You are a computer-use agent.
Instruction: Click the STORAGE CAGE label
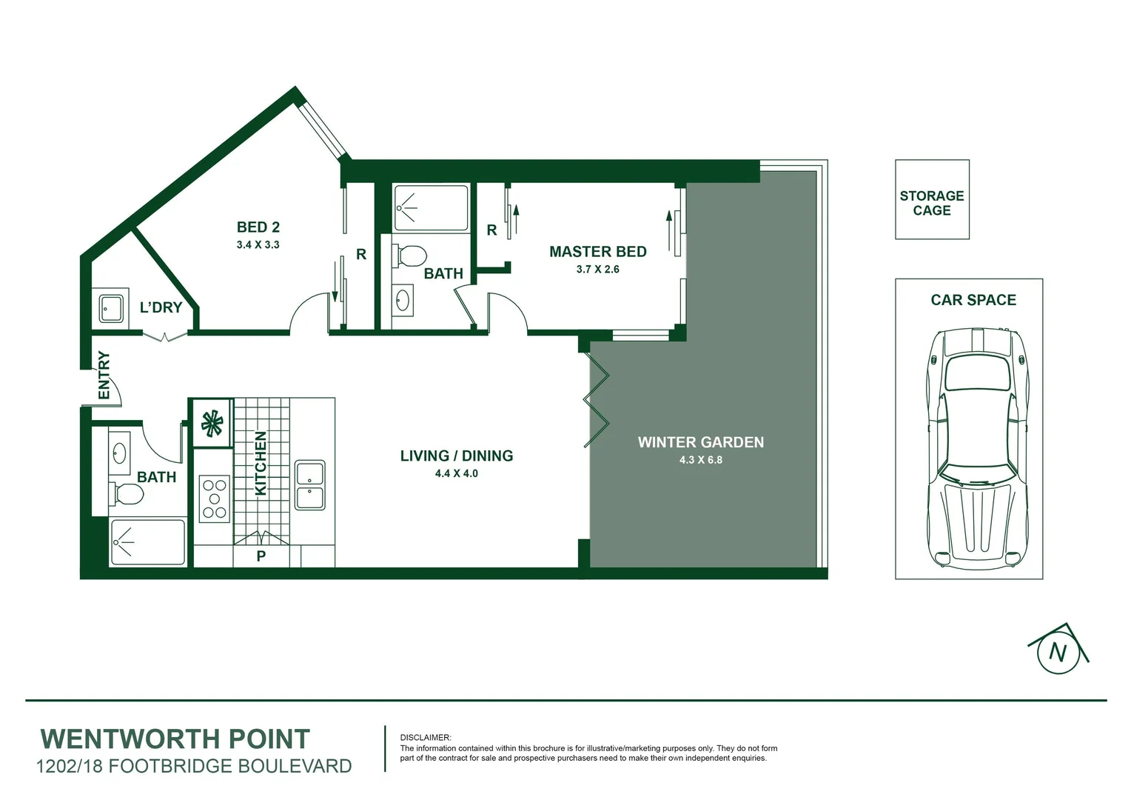(x=932, y=203)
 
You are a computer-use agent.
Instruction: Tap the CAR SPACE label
(x=973, y=300)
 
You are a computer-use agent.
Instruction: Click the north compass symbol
(x=1058, y=651)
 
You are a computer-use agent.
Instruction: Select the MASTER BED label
(x=597, y=252)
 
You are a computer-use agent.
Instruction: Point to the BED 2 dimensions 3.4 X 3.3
(x=258, y=244)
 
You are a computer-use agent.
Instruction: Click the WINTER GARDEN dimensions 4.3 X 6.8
(x=700, y=460)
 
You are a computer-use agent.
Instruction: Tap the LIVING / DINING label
(x=456, y=456)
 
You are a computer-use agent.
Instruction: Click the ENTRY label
(x=104, y=376)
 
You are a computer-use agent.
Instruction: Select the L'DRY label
(x=161, y=307)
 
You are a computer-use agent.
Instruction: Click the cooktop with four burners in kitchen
(x=215, y=499)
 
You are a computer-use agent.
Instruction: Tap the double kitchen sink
(x=310, y=485)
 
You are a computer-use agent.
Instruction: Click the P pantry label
(x=261, y=556)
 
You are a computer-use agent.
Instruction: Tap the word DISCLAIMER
(x=425, y=738)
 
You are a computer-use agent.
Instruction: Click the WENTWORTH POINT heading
(x=175, y=739)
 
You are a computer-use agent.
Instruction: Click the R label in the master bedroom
(x=491, y=230)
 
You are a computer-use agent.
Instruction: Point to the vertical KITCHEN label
(x=261, y=464)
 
